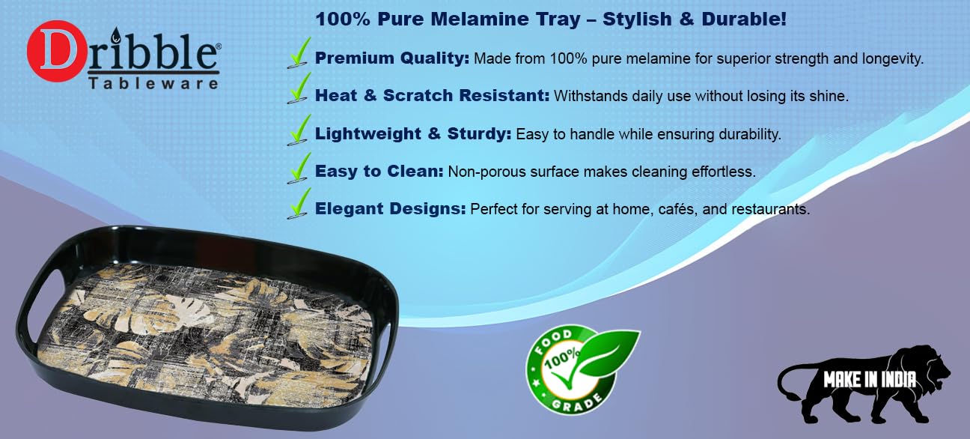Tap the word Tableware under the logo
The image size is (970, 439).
153,83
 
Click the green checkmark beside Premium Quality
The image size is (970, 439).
299,53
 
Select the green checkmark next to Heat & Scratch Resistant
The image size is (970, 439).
299,88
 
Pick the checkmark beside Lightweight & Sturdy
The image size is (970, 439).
299,130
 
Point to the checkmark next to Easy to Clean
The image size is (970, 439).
299,168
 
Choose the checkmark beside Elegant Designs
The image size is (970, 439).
299,203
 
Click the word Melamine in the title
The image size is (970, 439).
480,19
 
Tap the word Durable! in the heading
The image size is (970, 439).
744,19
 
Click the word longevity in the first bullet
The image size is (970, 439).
892,59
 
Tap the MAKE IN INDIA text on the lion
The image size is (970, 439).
870,380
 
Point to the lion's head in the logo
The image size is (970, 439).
927,369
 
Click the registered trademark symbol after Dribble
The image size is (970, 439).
218,45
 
